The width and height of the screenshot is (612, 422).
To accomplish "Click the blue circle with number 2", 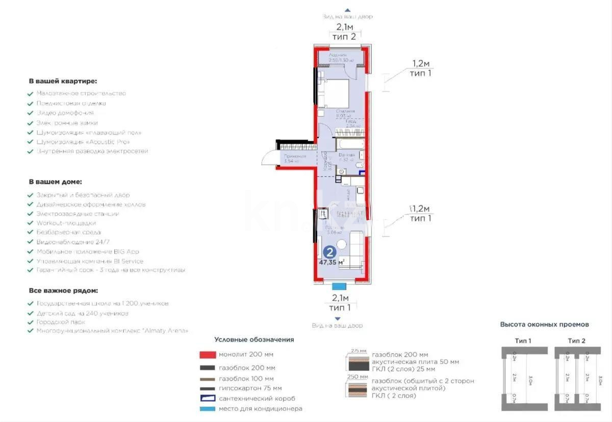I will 330,252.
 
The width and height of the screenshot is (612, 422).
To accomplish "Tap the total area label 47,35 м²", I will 331,262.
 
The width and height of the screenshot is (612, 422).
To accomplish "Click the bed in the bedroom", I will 334,92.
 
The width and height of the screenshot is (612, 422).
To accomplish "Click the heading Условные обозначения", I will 254,339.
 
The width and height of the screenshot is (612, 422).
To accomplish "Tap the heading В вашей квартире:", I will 63,81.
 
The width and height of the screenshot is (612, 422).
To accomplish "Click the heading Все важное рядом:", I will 63,290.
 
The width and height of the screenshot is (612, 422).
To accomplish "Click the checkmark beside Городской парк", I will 31,322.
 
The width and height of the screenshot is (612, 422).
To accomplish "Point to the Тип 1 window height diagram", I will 523,378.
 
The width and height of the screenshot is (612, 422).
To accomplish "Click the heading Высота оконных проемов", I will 544,324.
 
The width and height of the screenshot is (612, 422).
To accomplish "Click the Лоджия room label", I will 338,55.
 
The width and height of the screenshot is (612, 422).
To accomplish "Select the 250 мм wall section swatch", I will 357,391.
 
